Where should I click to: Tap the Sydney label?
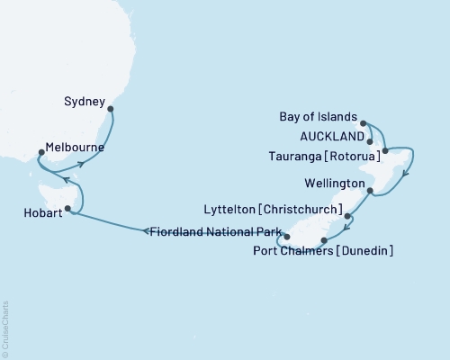85,102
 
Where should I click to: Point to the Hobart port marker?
67,208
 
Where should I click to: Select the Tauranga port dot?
384,150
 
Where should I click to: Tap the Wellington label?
337,183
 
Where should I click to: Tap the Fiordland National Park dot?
287,237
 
